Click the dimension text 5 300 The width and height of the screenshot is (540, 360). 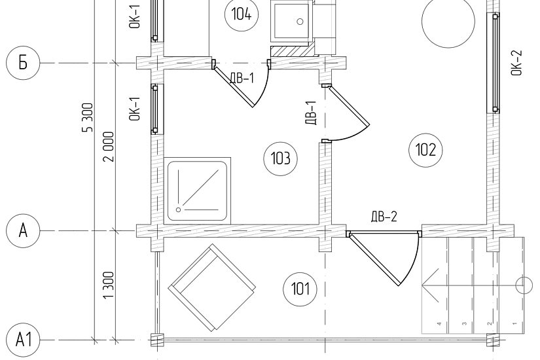point(88,117)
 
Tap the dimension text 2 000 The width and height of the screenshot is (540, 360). point(108,147)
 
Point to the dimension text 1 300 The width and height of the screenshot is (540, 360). point(108,285)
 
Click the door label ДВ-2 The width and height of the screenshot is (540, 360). point(384,217)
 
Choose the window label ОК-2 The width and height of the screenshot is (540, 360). point(516,63)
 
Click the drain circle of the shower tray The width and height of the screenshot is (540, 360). point(179,209)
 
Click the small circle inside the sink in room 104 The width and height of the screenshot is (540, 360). point(300,22)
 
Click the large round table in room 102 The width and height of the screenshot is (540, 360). point(448,21)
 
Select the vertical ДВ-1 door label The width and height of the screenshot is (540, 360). point(311,113)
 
